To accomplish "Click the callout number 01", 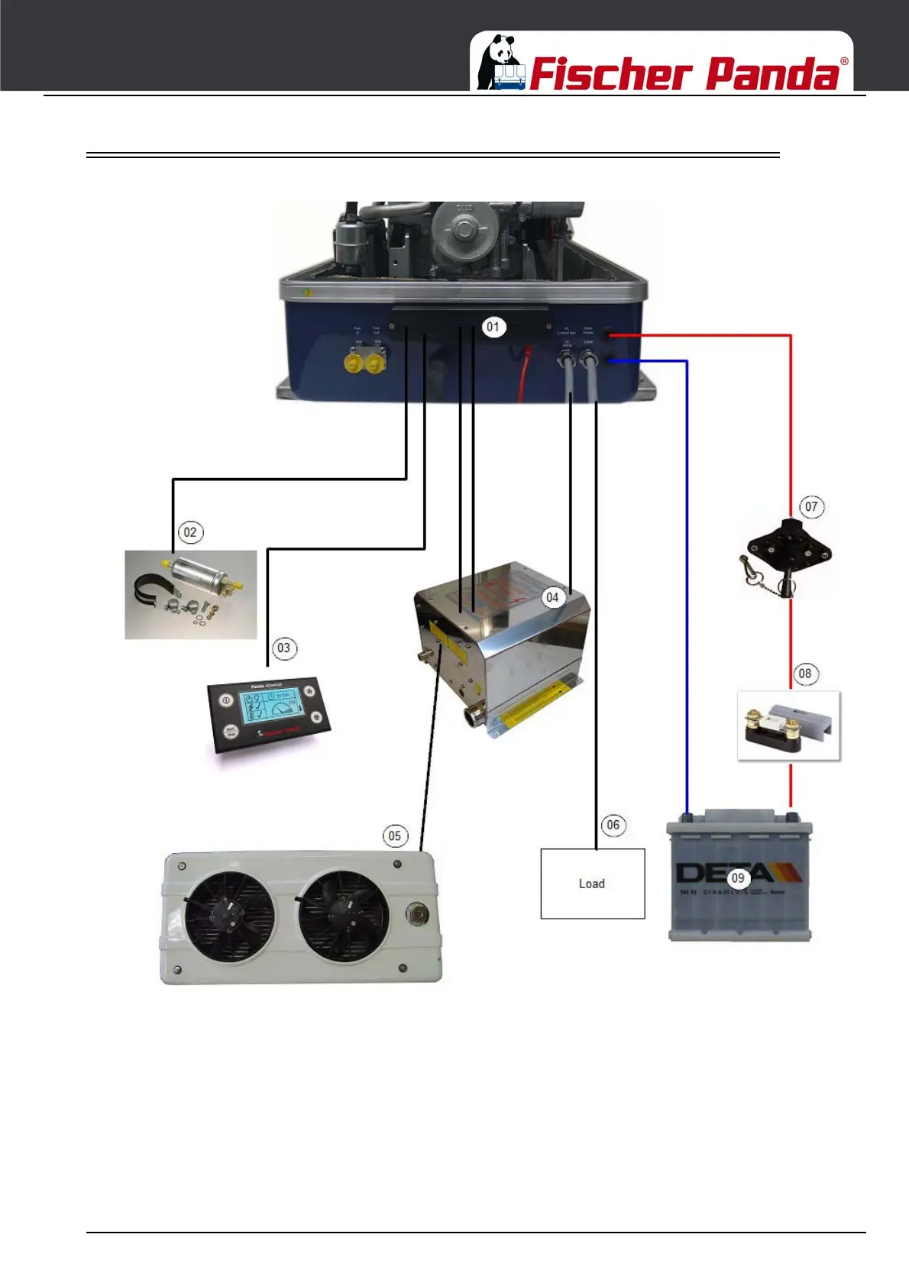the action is point(493,327).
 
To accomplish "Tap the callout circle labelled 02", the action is point(190,532).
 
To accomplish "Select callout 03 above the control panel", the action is point(283,648).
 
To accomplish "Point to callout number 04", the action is point(552,597).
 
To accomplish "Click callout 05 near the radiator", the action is point(394,835).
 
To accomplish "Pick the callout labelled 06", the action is point(613,825).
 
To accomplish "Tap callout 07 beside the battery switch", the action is point(811,506).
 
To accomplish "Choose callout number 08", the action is point(804,674).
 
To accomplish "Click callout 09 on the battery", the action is point(738,878).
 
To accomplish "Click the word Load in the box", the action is point(592,884).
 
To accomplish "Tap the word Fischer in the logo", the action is point(610,74).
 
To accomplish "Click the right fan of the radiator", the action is point(343,915).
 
